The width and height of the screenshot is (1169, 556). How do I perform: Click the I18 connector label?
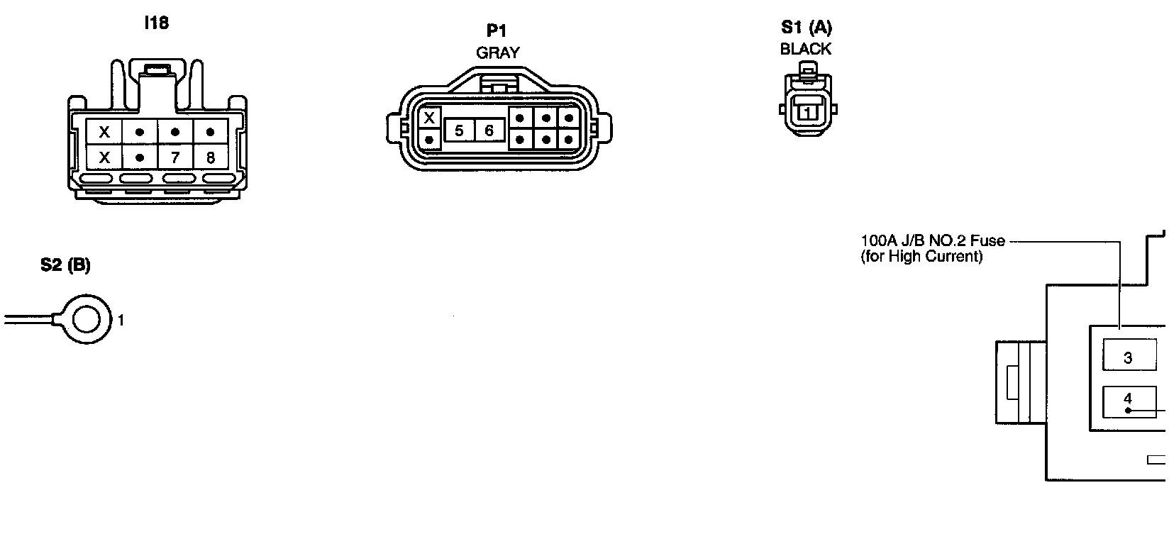tap(156, 23)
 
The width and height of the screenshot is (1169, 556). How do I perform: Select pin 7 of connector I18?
tap(175, 157)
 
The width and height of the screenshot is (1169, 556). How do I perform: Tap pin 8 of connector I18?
tap(210, 157)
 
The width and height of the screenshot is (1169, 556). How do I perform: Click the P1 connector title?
tap(497, 31)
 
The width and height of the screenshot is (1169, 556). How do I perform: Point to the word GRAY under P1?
tap(497, 52)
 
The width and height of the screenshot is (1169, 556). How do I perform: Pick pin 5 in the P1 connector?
tap(459, 131)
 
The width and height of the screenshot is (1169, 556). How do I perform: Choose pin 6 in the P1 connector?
tap(489, 131)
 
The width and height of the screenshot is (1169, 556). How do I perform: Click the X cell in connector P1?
tap(429, 118)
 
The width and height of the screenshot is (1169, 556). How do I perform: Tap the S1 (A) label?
tap(807, 28)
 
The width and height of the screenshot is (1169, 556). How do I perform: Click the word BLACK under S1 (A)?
tap(806, 50)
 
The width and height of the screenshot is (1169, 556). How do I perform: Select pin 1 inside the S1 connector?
tap(807, 113)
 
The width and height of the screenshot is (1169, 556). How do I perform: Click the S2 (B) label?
tap(65, 265)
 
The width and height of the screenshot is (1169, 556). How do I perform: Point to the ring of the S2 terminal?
tap(87, 320)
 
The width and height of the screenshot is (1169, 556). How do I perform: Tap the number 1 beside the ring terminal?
tap(121, 321)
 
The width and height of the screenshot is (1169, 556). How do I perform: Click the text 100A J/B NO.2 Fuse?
tap(932, 240)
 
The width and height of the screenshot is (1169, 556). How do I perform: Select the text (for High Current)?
tap(921, 257)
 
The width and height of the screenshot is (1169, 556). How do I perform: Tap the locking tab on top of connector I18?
tap(157, 69)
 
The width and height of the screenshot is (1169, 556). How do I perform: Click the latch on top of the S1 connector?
tap(807, 69)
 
